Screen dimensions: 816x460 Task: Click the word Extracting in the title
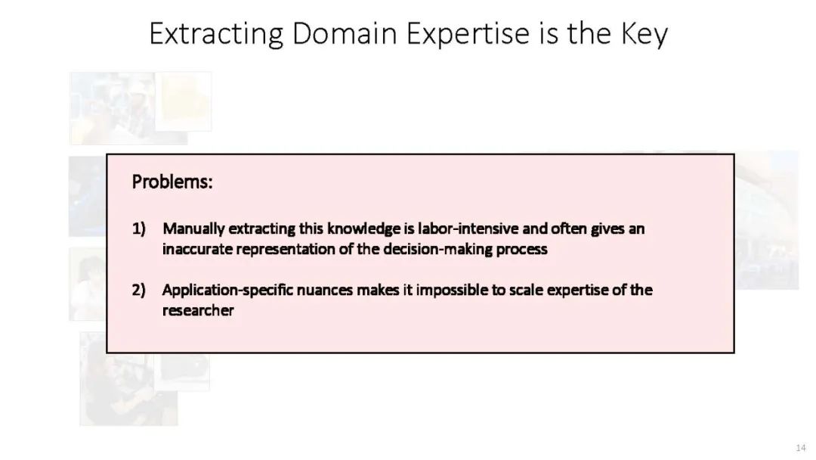[216, 34]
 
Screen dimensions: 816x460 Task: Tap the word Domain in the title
[344, 33]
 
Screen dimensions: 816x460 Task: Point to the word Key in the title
[644, 35]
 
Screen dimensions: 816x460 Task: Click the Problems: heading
[172, 182]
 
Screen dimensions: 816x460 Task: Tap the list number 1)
[138, 228]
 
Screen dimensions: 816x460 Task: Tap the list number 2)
[138, 291]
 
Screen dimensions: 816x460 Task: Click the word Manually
[193, 229]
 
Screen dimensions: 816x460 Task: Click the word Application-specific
[227, 291]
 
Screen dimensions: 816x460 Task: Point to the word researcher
[198, 311]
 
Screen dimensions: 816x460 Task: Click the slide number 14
[800, 448]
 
